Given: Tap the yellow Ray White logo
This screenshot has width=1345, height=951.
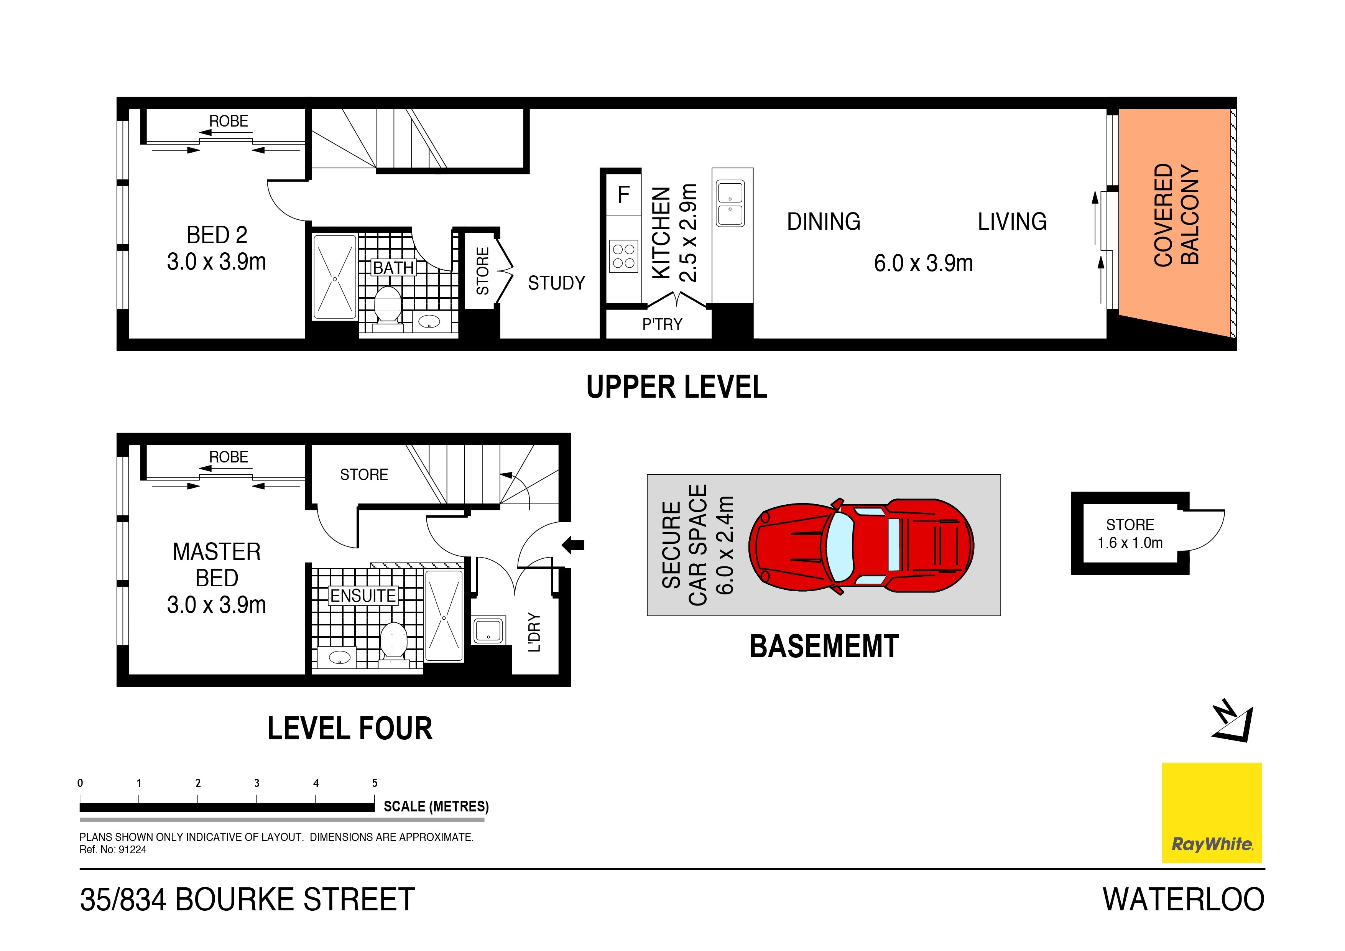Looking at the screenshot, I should [x=1212, y=812].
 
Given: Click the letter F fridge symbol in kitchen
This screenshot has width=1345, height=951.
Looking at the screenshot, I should [x=623, y=194].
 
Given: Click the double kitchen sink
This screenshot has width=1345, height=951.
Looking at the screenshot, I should [x=730, y=203].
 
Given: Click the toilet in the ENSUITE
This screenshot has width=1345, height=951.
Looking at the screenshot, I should [x=394, y=640].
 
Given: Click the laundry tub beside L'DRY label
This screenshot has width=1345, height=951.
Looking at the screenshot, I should [x=488, y=630].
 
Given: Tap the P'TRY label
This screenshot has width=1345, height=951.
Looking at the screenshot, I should [x=662, y=324].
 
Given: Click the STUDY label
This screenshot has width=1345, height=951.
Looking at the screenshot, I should [x=556, y=283].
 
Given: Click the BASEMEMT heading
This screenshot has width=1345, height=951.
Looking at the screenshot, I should [x=824, y=647].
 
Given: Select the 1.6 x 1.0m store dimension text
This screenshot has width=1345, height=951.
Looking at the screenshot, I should [x=1130, y=543].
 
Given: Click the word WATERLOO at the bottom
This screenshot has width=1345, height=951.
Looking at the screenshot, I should [x=1183, y=900].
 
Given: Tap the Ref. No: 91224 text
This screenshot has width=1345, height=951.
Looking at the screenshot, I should [x=113, y=850].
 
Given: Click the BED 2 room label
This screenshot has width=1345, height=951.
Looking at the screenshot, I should [x=216, y=235].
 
